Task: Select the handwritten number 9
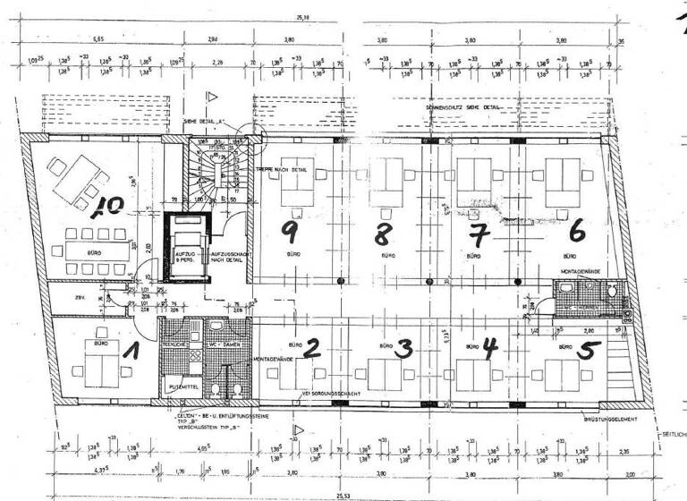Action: pos(289,231)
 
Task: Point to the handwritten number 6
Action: pos(577,230)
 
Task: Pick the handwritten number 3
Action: pos(403,349)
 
